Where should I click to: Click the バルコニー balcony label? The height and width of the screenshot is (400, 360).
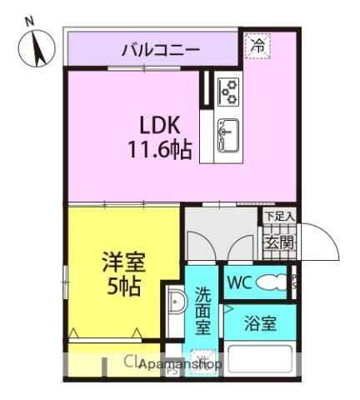tap(161, 48)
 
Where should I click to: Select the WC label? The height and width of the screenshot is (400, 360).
tap(237, 282)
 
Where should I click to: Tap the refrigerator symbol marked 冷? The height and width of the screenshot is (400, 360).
tap(258, 45)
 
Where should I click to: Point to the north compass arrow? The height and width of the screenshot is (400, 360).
tap(38, 47)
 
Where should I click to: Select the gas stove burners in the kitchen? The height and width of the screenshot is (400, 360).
tap(227, 90)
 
